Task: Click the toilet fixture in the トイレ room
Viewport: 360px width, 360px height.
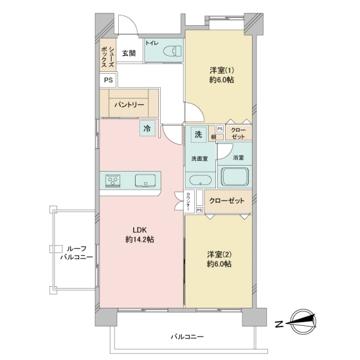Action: click(x=172, y=50)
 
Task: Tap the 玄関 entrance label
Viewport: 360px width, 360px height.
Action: click(x=128, y=53)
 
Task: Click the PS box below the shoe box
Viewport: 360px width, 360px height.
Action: click(x=108, y=80)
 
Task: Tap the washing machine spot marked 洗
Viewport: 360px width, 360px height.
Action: click(x=197, y=134)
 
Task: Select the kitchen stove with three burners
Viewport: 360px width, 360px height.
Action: click(x=115, y=181)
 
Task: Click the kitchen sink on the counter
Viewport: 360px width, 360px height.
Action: click(x=146, y=181)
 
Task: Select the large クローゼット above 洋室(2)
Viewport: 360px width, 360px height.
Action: click(x=227, y=201)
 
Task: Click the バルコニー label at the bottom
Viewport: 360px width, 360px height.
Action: click(x=187, y=337)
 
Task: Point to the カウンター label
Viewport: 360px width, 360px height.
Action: click(x=189, y=201)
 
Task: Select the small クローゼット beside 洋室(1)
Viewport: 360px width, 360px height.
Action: click(x=238, y=133)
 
